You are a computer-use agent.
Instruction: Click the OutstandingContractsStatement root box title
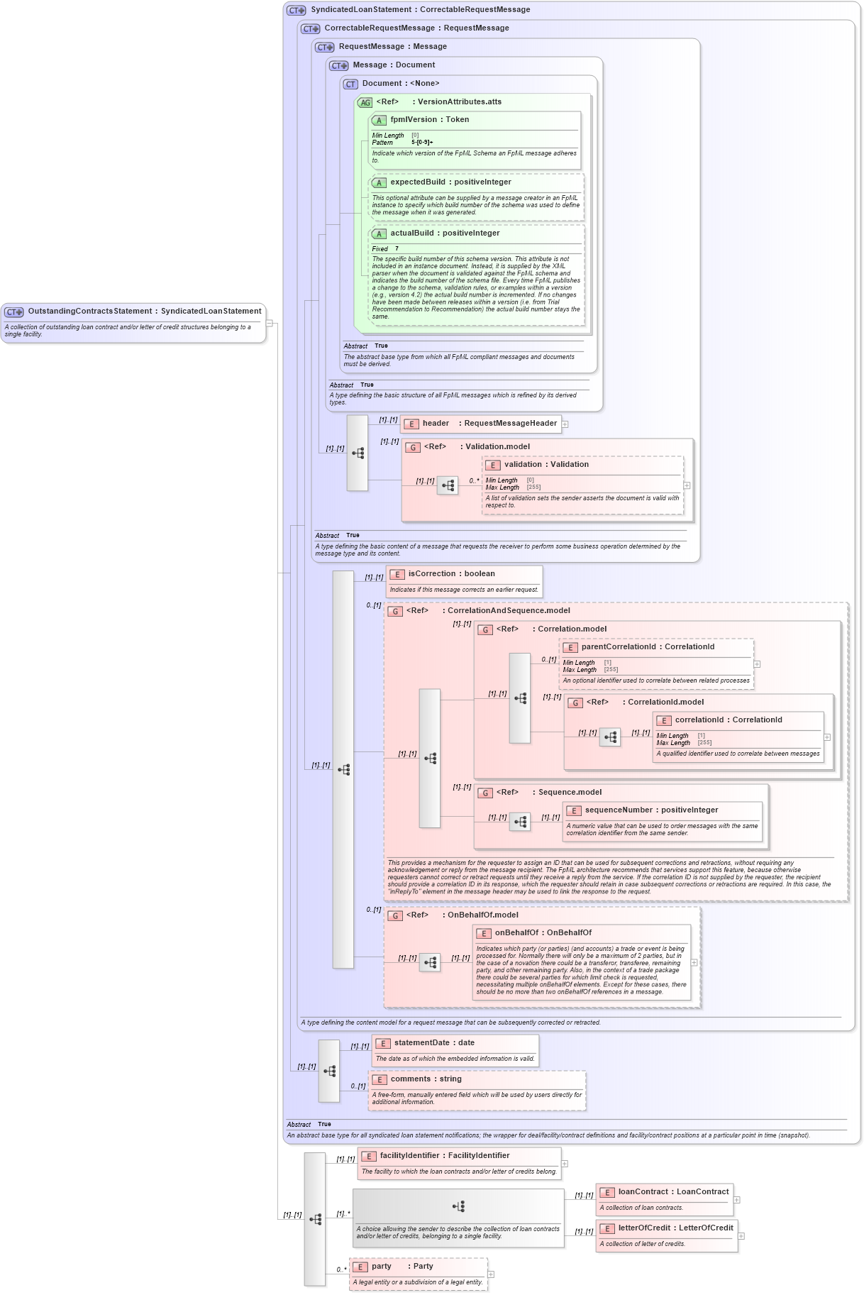tap(144, 312)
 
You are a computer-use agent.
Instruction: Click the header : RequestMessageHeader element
tap(489, 424)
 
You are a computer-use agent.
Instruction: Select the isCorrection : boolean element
tap(451, 574)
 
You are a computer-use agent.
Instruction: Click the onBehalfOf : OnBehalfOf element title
tap(543, 933)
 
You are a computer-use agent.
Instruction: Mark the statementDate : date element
tap(434, 1043)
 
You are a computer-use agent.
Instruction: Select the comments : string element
tap(426, 1079)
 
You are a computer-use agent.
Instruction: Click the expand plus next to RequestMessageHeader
tap(565, 424)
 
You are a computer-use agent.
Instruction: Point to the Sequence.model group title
tap(570, 793)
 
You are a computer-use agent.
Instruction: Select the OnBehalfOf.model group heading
tap(482, 915)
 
